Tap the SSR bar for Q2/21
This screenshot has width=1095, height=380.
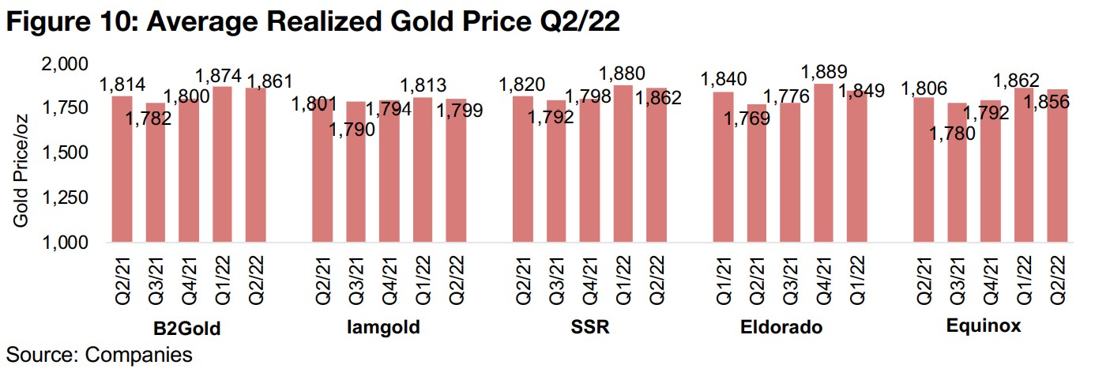click(523, 169)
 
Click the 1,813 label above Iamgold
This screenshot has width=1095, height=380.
click(423, 85)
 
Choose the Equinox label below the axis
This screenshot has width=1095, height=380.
click(983, 325)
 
